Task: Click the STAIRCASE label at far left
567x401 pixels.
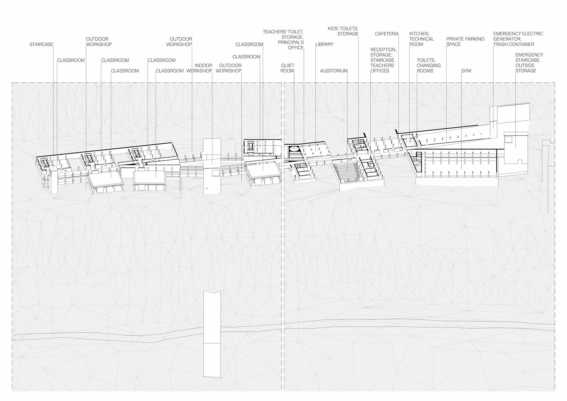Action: tap(41, 45)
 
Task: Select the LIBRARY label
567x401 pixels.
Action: tap(325, 45)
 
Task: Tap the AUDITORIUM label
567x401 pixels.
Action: tap(334, 71)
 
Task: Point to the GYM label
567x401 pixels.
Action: tap(466, 71)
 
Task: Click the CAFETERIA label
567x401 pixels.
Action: tap(387, 34)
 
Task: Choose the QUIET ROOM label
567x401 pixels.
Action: tap(287, 68)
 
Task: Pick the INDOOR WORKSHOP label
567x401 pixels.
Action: tap(199, 68)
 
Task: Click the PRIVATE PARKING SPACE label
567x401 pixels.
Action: tap(465, 42)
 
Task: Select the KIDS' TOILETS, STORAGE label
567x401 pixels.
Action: tap(343, 31)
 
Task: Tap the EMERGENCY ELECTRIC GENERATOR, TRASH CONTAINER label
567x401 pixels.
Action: tap(518, 39)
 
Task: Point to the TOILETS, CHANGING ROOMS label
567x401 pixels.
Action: tap(428, 66)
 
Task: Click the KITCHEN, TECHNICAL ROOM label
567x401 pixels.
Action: tap(421, 39)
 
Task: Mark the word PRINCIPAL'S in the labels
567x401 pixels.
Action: tap(291, 43)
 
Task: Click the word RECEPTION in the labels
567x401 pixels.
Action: tap(383, 50)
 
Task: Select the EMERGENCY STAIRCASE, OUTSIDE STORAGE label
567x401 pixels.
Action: tap(529, 63)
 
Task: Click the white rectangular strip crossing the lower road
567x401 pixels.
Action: tap(212, 334)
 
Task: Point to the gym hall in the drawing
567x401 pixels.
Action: tap(458, 164)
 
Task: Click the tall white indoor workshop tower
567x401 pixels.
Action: tap(212, 165)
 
